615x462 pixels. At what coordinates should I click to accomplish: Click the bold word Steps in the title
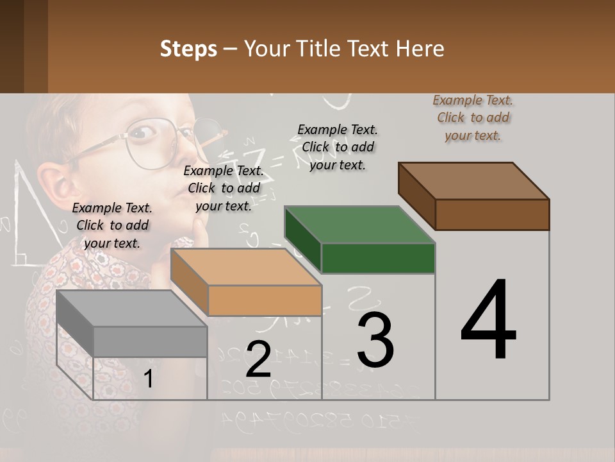pos(188,49)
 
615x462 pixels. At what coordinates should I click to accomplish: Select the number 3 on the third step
pos(375,339)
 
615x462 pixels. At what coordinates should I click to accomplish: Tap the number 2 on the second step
pos(259,359)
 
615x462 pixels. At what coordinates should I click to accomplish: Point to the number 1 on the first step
pos(149,379)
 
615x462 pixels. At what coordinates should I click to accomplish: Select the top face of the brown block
pos(474,181)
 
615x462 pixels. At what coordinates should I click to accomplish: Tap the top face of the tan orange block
pos(246,267)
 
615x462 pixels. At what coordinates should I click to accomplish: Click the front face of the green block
pos(378,258)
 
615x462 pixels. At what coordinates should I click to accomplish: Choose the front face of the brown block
pos(492,214)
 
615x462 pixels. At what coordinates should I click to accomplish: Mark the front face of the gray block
pos(150,341)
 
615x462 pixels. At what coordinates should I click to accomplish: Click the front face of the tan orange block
pos(265,300)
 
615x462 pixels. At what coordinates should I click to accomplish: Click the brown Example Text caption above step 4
pos(473,117)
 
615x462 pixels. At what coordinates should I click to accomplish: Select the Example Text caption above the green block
pos(338,147)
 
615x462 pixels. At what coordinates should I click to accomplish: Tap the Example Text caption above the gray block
pos(112,225)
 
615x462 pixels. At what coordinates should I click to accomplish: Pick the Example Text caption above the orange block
pos(224,188)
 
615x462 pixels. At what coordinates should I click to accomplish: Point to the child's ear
pos(54,183)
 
